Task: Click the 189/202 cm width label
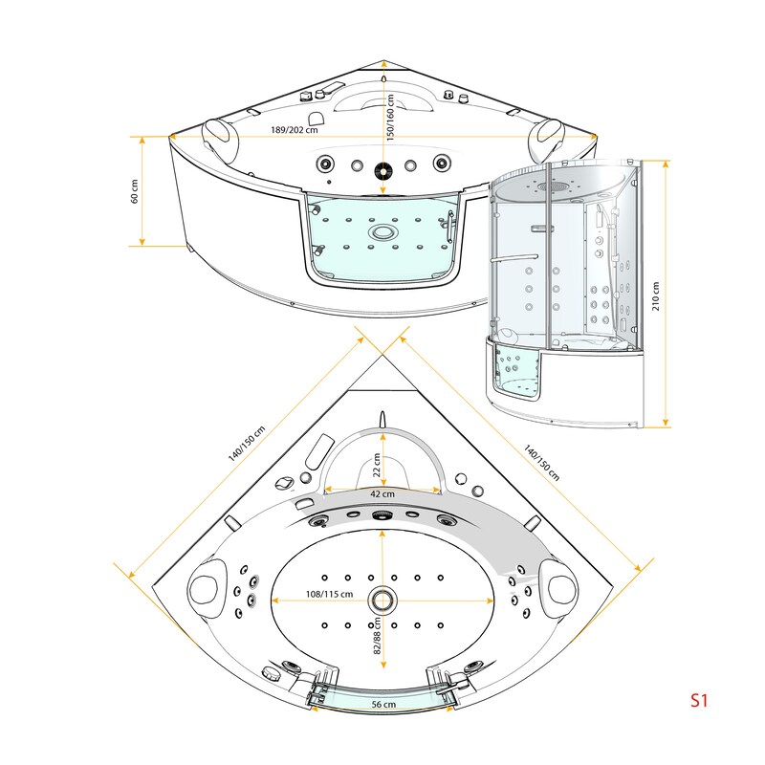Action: point(295,130)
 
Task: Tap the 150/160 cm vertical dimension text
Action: point(390,118)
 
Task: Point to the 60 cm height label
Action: point(135,191)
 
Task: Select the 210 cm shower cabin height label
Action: point(655,295)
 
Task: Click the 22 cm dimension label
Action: point(376,465)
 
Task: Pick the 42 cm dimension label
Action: point(382,493)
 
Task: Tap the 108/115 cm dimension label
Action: point(329,594)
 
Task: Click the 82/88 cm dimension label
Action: point(377,636)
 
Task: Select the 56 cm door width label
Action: point(383,704)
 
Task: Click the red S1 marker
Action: point(699,700)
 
